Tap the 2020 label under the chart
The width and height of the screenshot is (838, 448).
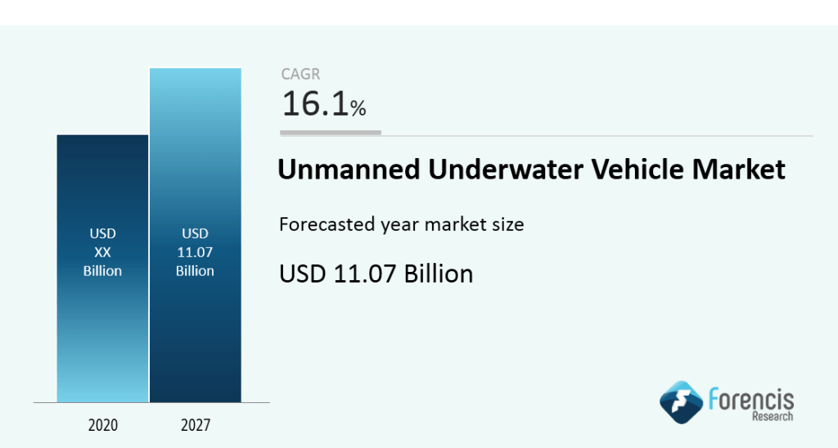point(102,425)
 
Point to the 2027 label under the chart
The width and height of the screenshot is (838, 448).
point(195,425)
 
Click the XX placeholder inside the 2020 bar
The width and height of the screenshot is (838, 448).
point(102,252)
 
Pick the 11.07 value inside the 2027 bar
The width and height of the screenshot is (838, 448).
point(195,252)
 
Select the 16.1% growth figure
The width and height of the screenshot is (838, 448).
point(323,105)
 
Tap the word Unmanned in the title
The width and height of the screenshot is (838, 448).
point(347,170)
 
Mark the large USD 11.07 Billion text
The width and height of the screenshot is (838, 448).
point(376,273)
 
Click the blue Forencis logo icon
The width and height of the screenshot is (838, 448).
point(681,401)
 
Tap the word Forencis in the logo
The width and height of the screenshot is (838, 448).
point(750,399)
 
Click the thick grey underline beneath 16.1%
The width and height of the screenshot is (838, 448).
point(331,132)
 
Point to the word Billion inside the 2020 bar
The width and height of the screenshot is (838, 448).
point(102,270)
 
